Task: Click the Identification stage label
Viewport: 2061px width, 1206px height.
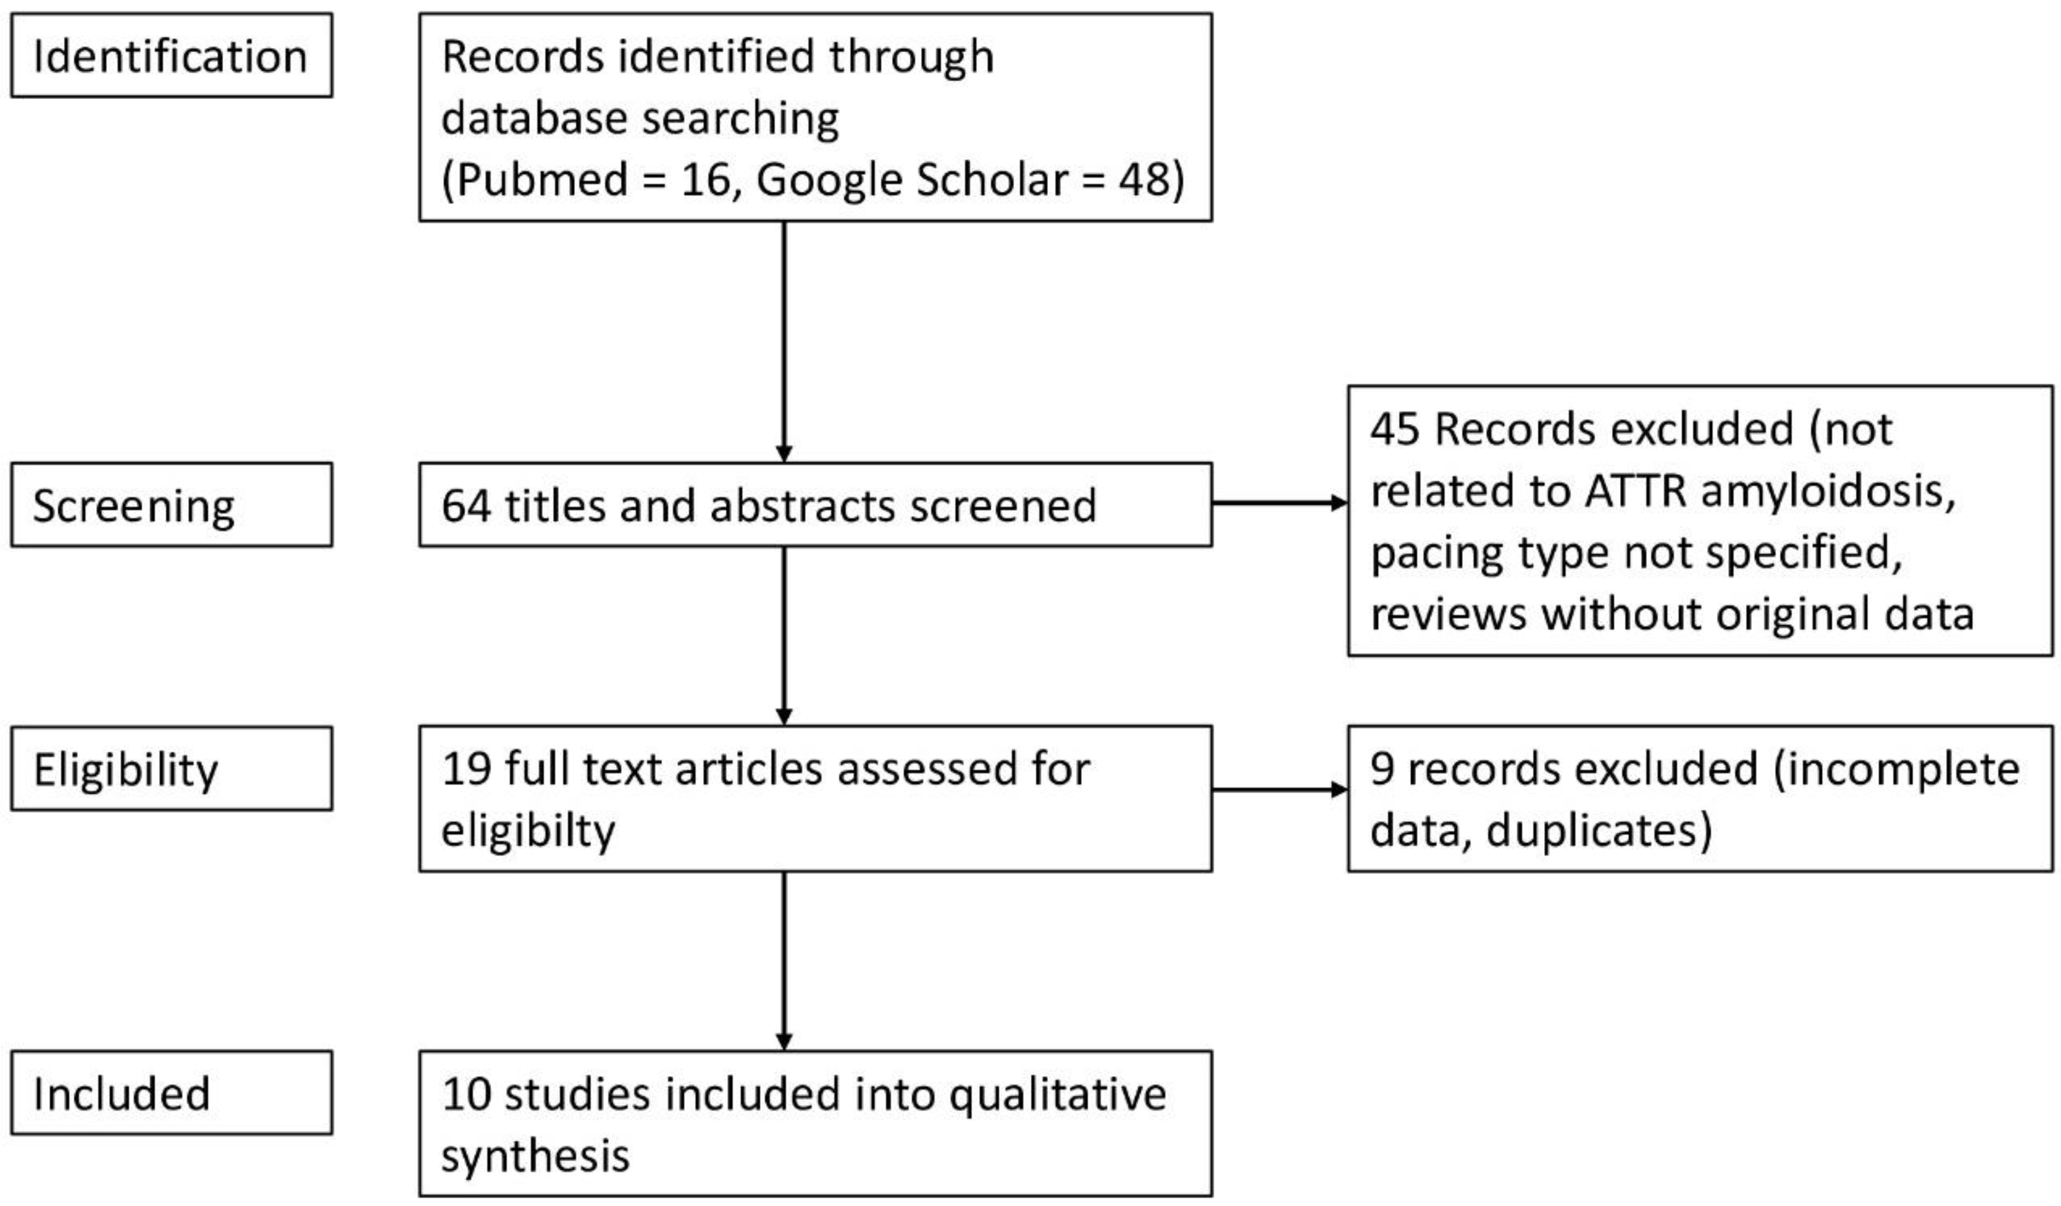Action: point(170,56)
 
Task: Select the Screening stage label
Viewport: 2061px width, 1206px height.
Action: point(134,506)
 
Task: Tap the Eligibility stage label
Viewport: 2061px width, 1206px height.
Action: point(126,769)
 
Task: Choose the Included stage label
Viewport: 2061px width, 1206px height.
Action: point(122,1093)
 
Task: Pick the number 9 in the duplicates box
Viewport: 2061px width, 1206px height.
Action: point(1382,769)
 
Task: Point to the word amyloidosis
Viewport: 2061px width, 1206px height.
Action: point(1829,491)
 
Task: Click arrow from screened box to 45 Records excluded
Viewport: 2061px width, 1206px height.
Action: point(1279,503)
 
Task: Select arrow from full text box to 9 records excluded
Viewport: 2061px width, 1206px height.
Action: point(1279,789)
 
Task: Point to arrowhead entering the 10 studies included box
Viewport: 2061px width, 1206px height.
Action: point(783,1042)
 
